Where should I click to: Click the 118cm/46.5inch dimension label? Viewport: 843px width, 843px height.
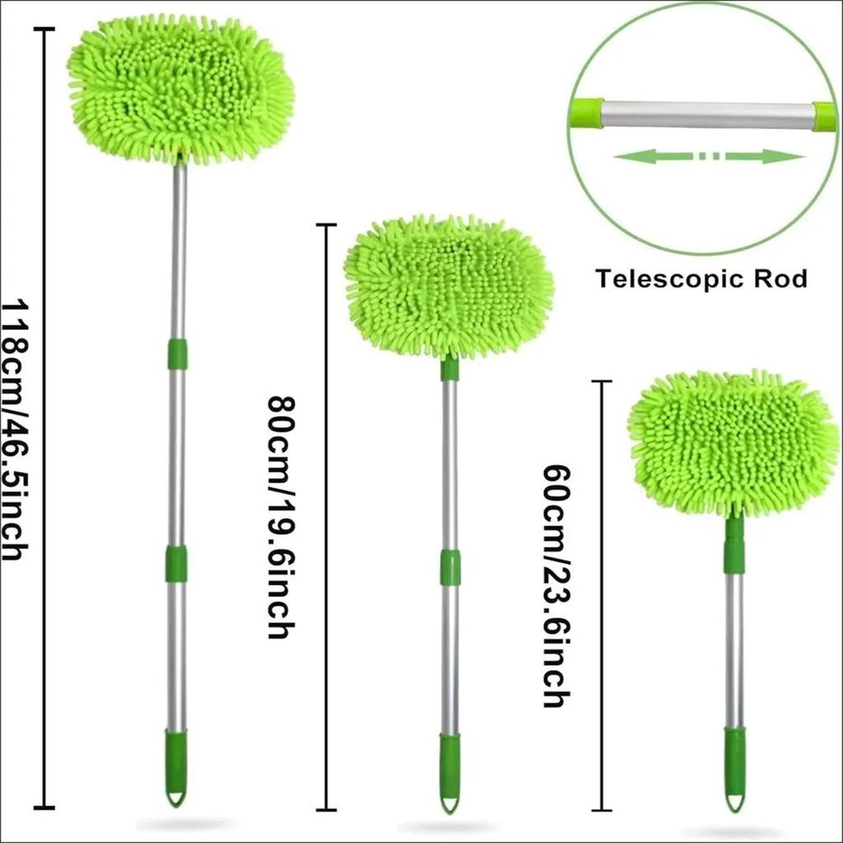15,430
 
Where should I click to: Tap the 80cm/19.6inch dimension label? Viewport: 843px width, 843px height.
282,517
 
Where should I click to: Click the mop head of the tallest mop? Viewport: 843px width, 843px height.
180,92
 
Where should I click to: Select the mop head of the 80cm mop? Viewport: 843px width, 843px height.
449,287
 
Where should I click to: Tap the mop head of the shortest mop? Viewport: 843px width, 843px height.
734,444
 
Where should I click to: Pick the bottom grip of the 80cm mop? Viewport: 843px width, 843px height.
450,772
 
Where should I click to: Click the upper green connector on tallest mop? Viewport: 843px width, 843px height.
178,354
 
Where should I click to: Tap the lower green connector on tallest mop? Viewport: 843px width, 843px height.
176,563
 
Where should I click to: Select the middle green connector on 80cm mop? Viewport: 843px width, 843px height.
450,568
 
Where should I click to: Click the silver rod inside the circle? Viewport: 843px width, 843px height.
707,115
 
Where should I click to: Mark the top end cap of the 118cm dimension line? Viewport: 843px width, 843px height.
44,30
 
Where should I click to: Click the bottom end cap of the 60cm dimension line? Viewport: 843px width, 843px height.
602,810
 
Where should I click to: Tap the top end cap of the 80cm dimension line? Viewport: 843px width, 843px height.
326,225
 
